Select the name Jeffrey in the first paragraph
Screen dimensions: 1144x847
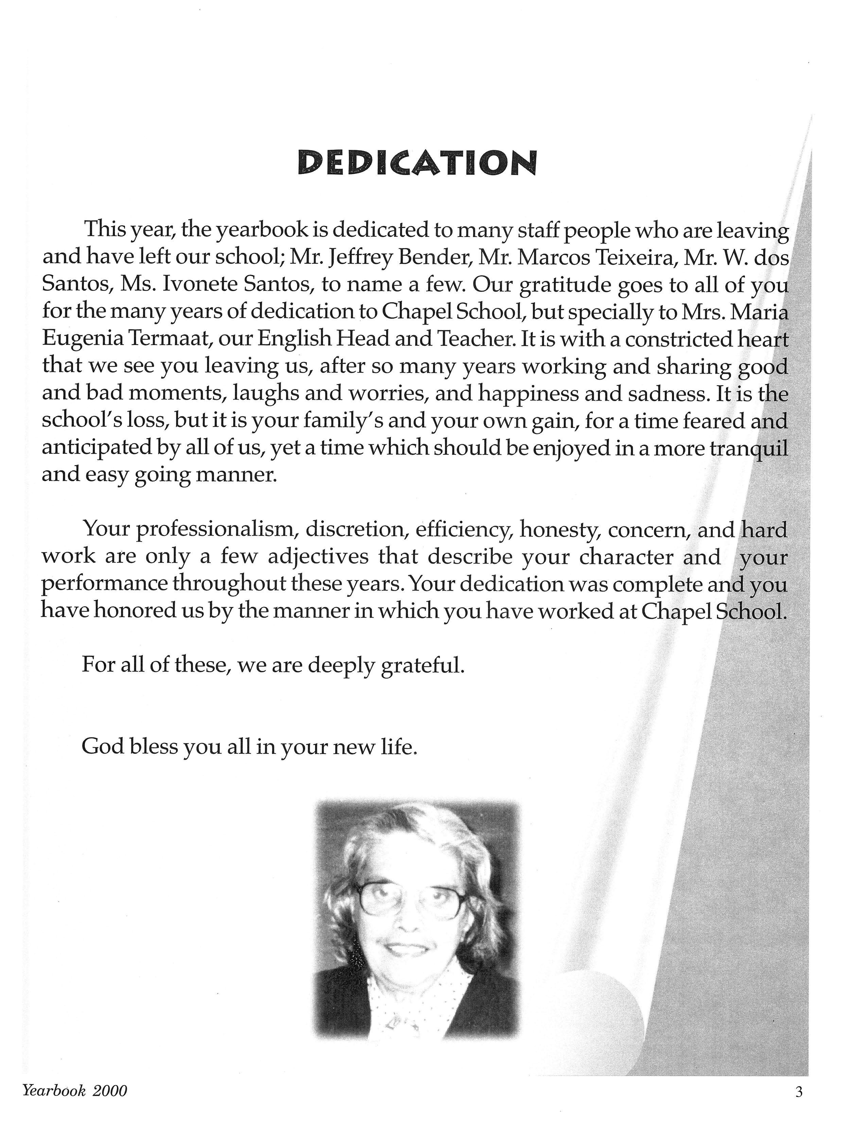pyautogui.click(x=361, y=257)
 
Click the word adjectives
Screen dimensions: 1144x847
pyautogui.click(x=318, y=557)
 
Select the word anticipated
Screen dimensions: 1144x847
pyautogui.click(x=98, y=449)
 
